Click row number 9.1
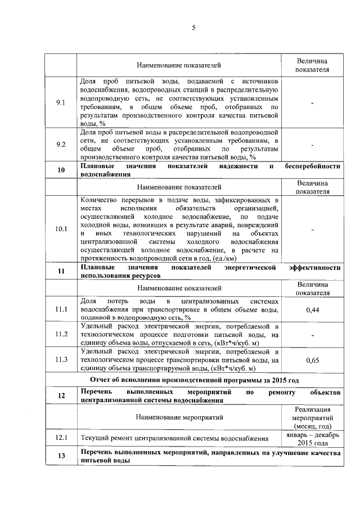pos(61,103)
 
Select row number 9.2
pos(61,145)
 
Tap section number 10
pos(61,170)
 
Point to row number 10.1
pos(61,229)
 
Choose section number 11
pos(61,272)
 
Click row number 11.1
pos(61,310)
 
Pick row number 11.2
pos(61,334)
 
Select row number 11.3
pos(61,359)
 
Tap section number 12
pos(61,396)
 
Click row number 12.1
pos(61,438)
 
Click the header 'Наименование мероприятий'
pos(179,417)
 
